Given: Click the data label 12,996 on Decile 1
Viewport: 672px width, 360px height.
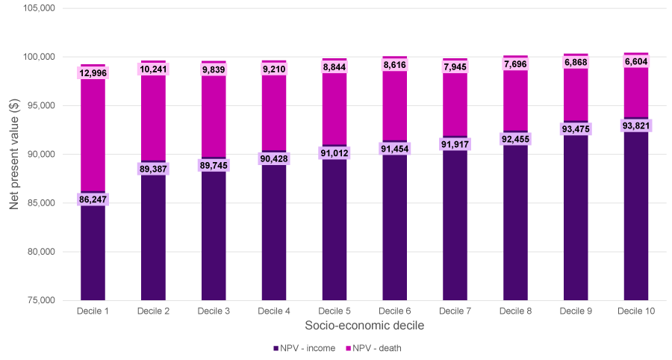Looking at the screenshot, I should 93,73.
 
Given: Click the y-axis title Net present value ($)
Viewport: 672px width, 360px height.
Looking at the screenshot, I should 14,155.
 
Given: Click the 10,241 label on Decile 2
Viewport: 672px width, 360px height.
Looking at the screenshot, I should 153,69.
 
